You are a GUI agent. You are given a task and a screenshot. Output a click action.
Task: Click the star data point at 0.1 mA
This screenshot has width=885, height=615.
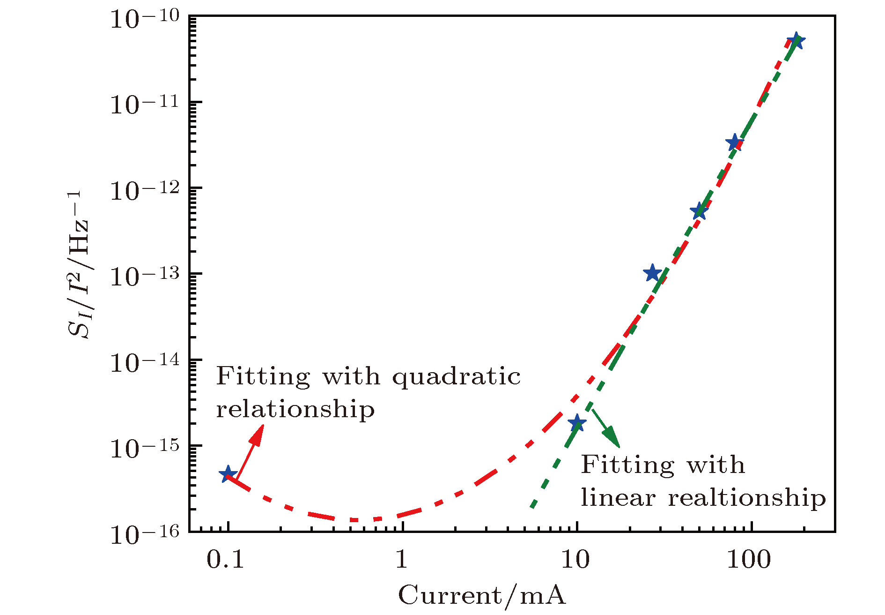[228, 474]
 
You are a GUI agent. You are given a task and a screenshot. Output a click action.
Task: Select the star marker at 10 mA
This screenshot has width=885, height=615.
[577, 423]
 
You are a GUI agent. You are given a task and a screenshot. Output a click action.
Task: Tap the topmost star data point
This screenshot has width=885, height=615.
[796, 41]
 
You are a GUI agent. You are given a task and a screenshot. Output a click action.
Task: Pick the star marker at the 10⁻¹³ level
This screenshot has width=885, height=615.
[652, 273]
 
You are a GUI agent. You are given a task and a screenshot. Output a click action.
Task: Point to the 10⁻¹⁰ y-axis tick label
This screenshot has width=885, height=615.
[145, 20]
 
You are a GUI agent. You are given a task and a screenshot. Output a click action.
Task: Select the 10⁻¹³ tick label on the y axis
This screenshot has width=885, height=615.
[145, 277]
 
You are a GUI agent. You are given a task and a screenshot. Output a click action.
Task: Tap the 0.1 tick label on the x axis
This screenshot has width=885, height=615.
[225, 559]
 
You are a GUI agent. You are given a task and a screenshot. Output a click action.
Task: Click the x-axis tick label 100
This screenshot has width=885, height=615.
[749, 559]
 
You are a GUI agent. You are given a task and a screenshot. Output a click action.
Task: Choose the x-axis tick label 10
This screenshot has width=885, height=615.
[575, 559]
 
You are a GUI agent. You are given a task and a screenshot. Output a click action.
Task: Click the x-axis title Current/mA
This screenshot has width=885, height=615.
[482, 596]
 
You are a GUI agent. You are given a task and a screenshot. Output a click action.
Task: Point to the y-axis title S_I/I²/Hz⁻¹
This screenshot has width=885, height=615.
[78, 265]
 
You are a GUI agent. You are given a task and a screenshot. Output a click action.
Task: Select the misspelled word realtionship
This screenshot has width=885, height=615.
[747, 497]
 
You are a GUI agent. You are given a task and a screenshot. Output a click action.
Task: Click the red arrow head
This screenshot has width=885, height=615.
[257, 434]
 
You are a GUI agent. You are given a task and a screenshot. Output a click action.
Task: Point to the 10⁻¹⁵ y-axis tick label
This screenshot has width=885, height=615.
[145, 449]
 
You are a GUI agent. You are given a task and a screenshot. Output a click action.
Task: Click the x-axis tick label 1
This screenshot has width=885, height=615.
[401, 559]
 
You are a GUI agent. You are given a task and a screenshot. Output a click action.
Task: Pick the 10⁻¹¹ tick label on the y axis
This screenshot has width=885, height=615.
[145, 105]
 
